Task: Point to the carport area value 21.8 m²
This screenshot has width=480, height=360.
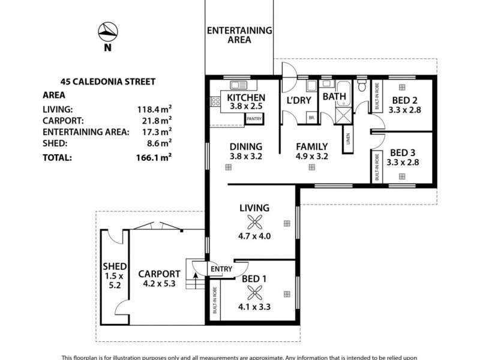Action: click(155, 120)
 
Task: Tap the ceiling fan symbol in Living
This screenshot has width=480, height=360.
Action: click(255, 222)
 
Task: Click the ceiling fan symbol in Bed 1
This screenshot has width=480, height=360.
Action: click(254, 293)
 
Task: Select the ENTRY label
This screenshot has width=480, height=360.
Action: click(221, 271)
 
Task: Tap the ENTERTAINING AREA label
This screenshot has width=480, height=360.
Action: click(239, 35)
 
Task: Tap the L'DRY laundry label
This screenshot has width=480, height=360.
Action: click(298, 100)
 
